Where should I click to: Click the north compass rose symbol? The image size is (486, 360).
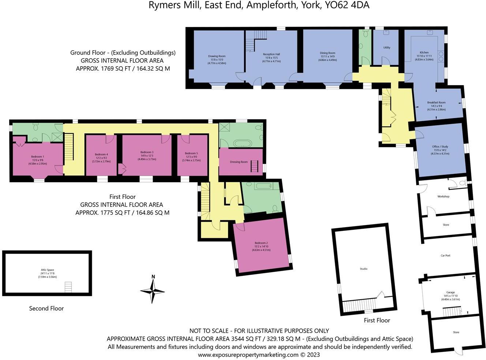point(153,290)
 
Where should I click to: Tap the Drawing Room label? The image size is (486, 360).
point(217,56)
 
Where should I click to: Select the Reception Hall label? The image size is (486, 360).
point(271,54)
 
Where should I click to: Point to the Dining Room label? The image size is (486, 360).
point(327,53)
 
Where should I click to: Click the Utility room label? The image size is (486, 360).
point(386,48)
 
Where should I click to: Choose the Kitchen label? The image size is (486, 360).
point(424,52)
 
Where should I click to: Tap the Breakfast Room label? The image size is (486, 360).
point(436,102)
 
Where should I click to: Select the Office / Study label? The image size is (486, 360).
point(440,146)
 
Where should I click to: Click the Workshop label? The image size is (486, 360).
point(443,196)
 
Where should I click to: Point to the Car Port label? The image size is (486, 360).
point(445,256)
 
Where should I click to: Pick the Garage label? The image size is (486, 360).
point(450,292)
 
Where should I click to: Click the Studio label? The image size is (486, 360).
point(363,269)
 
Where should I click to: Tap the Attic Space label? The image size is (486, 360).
point(48,270)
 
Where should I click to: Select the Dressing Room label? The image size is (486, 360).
point(239,162)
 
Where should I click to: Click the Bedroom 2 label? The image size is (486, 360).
point(261,243)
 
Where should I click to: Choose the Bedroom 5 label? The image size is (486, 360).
point(191,153)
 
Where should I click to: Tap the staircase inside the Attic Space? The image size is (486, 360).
point(68,287)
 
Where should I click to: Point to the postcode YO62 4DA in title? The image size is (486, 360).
point(347,5)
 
